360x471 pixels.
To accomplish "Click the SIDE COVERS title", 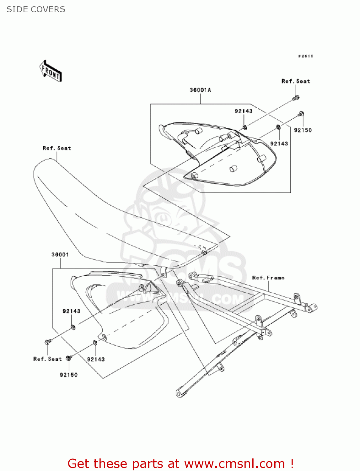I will pos(36,9).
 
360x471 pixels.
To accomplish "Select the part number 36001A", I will pos(200,90).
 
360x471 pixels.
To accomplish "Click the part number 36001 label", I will pos(60,255).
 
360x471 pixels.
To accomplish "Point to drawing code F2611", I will pos(305,56).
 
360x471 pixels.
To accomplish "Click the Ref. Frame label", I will pos(268,278).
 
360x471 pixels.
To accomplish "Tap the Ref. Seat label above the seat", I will pos(57,148).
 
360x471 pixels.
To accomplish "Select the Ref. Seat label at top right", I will pos(296,81).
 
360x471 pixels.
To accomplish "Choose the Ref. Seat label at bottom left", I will pos(47,359).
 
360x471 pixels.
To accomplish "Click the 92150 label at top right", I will pos(303,130).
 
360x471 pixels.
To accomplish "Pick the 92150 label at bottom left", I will pos(68,375).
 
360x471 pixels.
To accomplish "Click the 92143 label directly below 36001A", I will pos(244,111).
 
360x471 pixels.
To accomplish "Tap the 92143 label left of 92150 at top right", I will pos(279,144).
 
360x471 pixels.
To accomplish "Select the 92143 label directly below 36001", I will pos(71,311).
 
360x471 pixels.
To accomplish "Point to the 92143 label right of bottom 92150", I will pos(96,360).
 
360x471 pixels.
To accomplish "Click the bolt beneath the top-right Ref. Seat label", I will pos(296,98).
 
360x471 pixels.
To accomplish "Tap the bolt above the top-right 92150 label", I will pos(301,114).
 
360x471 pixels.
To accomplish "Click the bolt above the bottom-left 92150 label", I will pos(69,358).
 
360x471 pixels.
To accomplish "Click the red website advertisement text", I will pos(180,464).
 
